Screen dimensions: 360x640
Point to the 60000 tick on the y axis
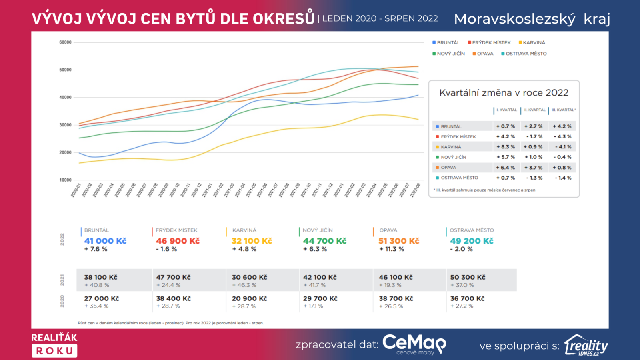tap(65, 42)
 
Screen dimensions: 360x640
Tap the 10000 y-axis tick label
tap(65, 180)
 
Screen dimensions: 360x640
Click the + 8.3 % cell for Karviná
tap(506, 147)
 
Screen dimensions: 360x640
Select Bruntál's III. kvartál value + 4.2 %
tap(562, 126)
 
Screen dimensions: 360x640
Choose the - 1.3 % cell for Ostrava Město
tap(534, 178)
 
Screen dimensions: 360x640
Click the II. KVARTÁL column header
tap(535, 110)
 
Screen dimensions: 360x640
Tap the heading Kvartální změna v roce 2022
tap(504, 93)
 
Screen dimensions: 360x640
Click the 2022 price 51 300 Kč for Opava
tap(398, 241)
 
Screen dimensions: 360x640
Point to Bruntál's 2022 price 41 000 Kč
tap(105, 241)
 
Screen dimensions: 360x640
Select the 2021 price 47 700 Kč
tap(173, 277)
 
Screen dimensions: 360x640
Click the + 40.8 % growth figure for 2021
tap(97, 285)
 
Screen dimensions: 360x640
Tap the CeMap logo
tap(414, 344)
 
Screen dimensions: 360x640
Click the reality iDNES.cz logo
tap(586, 346)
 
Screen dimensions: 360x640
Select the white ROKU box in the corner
tap(54, 351)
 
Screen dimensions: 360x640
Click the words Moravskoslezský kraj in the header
tap(532, 19)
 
